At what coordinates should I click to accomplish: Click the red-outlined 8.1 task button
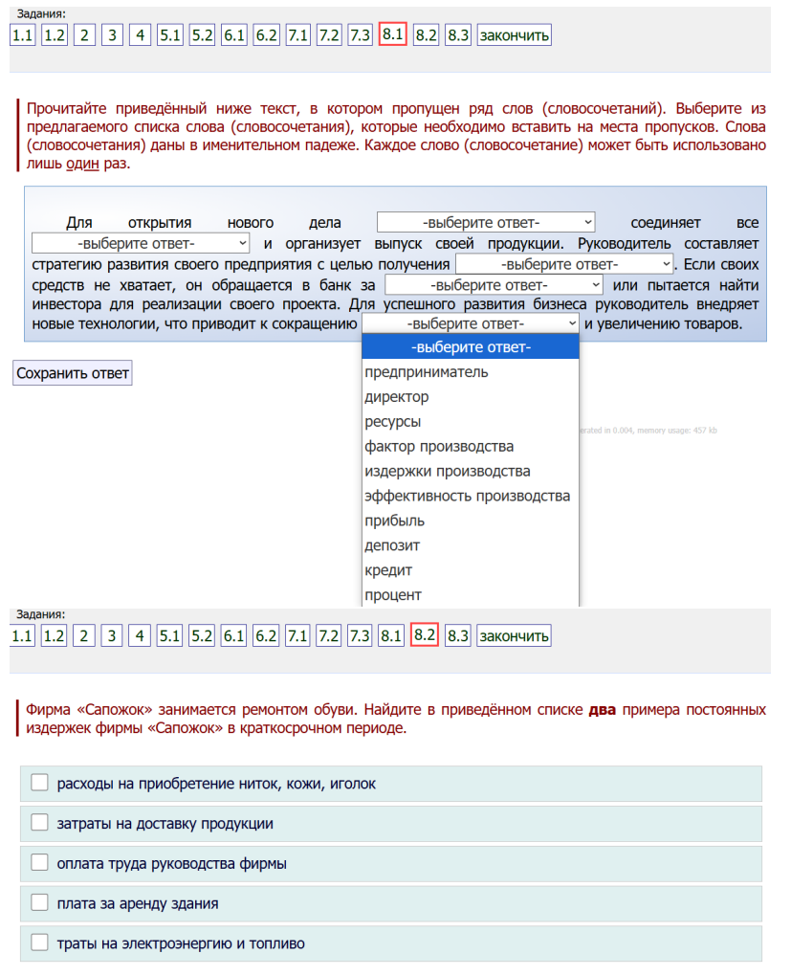click(393, 34)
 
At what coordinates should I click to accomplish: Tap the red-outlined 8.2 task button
click(425, 635)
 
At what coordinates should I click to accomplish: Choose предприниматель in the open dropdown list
click(426, 372)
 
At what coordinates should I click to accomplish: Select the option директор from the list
click(396, 397)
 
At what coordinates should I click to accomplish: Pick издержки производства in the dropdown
click(447, 472)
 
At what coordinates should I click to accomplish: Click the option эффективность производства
click(467, 497)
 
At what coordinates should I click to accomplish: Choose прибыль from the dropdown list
click(394, 521)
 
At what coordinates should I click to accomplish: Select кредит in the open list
click(388, 571)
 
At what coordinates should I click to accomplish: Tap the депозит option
click(392, 546)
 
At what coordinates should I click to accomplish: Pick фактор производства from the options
click(439, 447)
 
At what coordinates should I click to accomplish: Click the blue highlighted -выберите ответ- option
click(470, 347)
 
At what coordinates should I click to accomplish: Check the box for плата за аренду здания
click(39, 902)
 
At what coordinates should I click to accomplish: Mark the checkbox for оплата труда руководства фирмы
click(39, 863)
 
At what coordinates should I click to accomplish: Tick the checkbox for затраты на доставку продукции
click(39, 823)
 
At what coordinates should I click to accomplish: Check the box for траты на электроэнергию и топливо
click(39, 943)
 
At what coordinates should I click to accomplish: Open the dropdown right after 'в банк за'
click(494, 285)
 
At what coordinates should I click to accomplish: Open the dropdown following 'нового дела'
click(486, 222)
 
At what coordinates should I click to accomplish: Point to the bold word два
click(602, 711)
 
